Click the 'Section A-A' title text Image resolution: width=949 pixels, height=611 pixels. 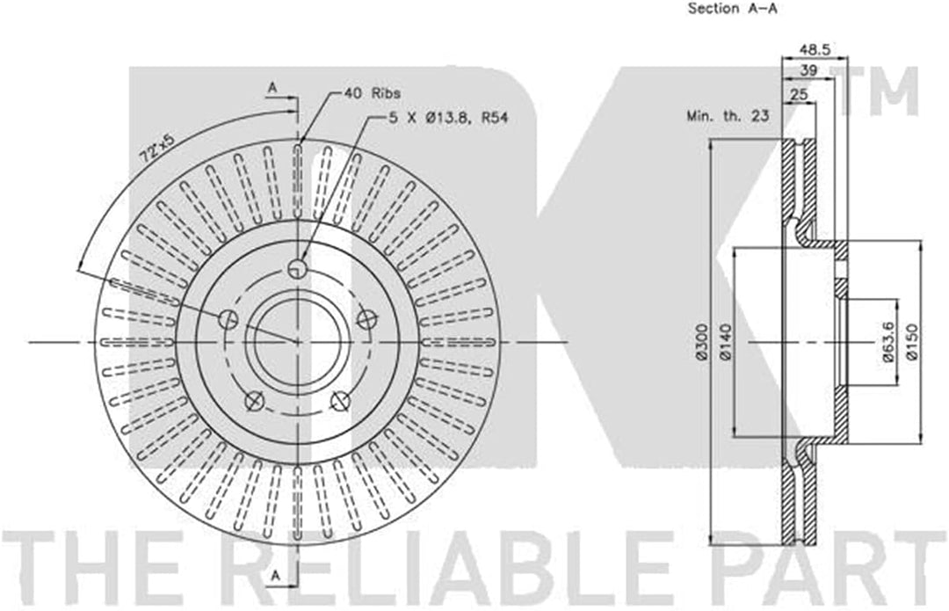[x=733, y=9]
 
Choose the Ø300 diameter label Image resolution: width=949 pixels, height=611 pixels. [x=701, y=342]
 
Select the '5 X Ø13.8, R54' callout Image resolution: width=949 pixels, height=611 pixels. [x=450, y=115]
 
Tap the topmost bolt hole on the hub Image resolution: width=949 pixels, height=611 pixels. [x=299, y=269]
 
